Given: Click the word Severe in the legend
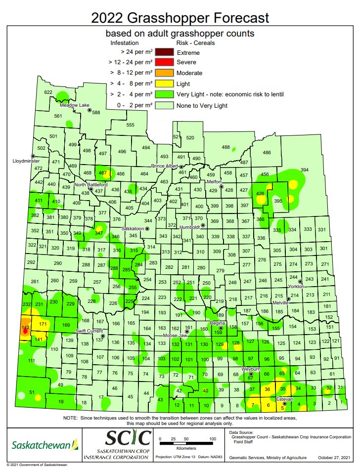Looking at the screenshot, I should click(186, 63).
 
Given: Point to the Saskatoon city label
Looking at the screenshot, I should click(133, 229).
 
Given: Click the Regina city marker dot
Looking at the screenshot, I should click(221, 328).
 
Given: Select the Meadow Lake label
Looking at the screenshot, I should click(74, 105).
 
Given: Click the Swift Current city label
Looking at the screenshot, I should click(89, 331).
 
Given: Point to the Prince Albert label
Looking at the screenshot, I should click(165, 166).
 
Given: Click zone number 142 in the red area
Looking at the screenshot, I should click(26, 327).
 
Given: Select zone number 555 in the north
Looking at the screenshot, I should click(130, 125).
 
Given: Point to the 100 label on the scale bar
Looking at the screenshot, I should click(212, 439).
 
